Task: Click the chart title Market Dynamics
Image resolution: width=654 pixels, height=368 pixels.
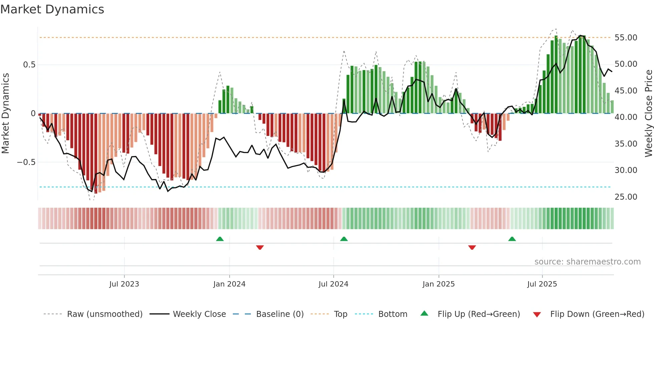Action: [x=52, y=9]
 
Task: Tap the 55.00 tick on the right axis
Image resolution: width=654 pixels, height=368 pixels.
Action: [x=626, y=38]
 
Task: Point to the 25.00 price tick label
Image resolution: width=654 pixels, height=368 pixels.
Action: [x=626, y=197]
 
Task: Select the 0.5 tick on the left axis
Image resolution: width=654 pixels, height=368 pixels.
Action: [x=29, y=65]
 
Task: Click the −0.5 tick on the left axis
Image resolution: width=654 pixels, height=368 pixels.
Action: [x=26, y=162]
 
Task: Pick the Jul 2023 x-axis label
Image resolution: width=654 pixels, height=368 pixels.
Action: [x=124, y=284]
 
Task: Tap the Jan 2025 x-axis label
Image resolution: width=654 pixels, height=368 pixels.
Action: [x=438, y=284]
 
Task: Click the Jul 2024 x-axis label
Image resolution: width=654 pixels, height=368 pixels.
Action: [x=333, y=284]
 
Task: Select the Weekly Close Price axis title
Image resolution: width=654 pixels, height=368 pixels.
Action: [x=648, y=114]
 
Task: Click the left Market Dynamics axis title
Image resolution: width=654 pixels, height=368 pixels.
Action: [x=6, y=114]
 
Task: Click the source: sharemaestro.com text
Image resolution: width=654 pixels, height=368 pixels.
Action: [x=587, y=262]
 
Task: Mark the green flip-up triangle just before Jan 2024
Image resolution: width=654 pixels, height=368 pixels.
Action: [x=220, y=239]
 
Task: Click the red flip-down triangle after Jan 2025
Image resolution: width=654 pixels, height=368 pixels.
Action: [x=472, y=247]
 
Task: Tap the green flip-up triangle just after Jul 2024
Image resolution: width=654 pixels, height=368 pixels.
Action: [x=344, y=239]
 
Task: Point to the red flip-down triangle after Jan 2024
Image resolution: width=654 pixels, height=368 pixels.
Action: [x=260, y=247]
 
